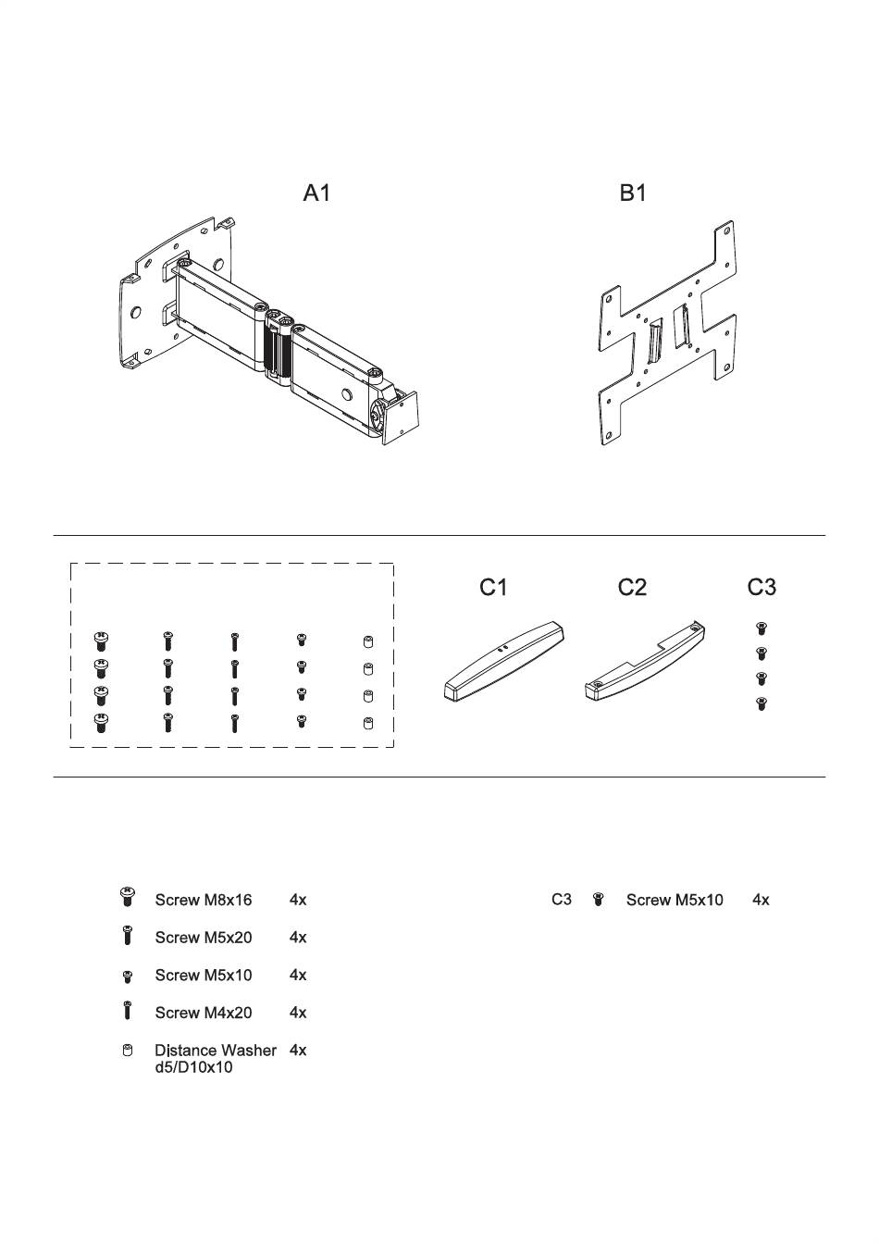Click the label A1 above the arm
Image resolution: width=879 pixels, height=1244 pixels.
point(317,193)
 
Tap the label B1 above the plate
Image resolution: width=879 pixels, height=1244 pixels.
point(633,193)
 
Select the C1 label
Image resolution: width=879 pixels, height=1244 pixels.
point(493,588)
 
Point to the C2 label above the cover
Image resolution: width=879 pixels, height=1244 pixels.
point(632,588)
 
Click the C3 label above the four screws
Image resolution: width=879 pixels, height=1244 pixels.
point(761,588)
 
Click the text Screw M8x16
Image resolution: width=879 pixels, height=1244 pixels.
point(197,900)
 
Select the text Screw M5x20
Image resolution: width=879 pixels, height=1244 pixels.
point(203,938)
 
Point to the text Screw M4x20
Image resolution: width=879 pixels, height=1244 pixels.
point(203,1013)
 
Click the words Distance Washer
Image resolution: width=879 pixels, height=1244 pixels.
point(216,1051)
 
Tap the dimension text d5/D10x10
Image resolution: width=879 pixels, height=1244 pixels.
point(193,1068)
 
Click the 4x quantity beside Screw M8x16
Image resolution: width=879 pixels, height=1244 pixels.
point(298,900)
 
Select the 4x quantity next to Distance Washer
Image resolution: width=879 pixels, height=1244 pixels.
point(298,1051)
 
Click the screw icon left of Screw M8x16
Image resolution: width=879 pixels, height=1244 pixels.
point(128,896)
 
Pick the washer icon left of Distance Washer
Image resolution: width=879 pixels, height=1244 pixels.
point(128,1051)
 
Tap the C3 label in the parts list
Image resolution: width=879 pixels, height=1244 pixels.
point(562,900)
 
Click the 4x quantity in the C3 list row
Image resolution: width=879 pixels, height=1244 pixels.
point(761,900)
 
